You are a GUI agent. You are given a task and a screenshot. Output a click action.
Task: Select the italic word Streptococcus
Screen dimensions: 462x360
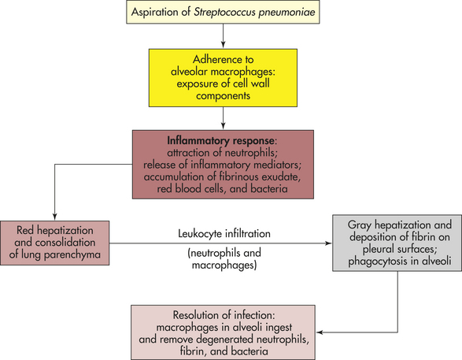click(224, 12)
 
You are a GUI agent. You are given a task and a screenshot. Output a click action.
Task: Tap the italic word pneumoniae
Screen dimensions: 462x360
click(287, 13)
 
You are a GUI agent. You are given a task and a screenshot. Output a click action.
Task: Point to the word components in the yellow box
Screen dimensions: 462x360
click(223, 96)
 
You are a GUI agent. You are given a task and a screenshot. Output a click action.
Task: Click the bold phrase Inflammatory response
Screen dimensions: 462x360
click(220, 141)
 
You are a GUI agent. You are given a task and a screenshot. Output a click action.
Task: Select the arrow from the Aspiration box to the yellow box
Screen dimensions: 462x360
click(223, 35)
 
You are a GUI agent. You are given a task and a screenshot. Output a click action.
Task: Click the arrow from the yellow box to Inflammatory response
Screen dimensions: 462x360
click(223, 118)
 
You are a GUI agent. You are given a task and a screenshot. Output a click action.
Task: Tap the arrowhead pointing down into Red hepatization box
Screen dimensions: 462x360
click(54, 217)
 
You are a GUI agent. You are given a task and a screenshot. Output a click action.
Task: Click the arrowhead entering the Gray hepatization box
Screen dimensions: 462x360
click(328, 243)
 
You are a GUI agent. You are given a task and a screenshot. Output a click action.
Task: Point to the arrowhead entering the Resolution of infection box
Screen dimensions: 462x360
click(320, 332)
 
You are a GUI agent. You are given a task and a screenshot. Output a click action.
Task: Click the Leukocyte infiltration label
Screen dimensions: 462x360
click(224, 233)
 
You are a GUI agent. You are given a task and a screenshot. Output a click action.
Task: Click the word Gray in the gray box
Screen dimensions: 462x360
click(359, 225)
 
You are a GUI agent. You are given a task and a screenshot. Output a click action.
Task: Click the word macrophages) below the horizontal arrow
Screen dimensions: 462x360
click(224, 265)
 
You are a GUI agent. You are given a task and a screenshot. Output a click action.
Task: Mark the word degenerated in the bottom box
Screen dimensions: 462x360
click(225, 340)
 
